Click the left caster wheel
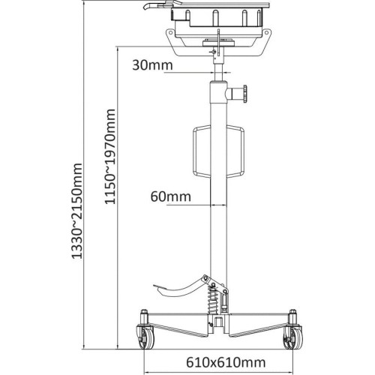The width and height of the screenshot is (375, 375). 142,339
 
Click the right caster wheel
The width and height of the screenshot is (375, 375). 291,339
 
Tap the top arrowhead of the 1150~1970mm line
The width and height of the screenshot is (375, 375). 118,49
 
